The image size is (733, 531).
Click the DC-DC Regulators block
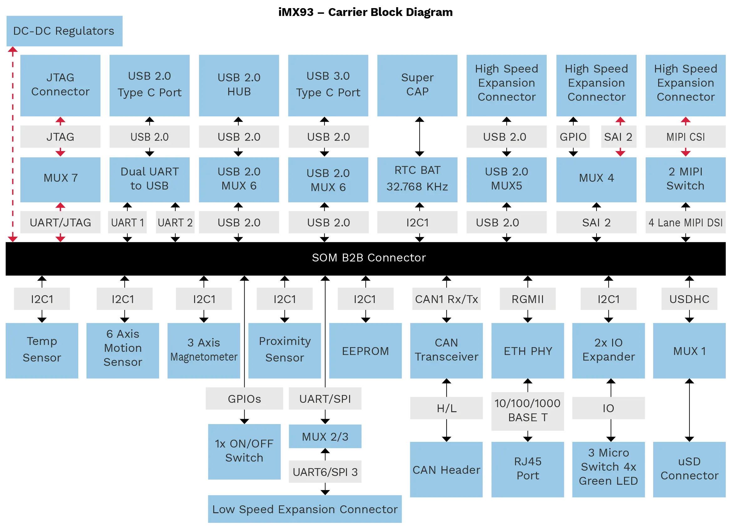pyautogui.click(x=64, y=31)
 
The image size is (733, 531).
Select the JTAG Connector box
pyautogui.click(x=60, y=86)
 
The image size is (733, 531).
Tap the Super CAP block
pyautogui.click(x=417, y=86)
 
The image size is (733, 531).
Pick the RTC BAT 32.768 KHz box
pyautogui.click(x=417, y=180)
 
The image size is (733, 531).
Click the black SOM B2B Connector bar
pyautogui.click(x=365, y=259)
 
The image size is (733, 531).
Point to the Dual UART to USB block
pyautogui.click(x=150, y=180)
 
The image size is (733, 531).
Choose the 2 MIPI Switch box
pyautogui.click(x=685, y=180)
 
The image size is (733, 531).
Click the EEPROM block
pyautogui.click(x=365, y=351)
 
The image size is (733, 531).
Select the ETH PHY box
pyautogui.click(x=528, y=351)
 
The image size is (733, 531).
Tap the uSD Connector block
pyautogui.click(x=689, y=470)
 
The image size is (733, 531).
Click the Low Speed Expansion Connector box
pyautogui.click(x=305, y=509)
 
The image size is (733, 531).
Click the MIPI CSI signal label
pyautogui.click(x=685, y=137)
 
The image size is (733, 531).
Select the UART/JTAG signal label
pyautogui.click(x=60, y=222)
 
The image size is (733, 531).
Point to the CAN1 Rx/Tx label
pyautogui.click(x=446, y=299)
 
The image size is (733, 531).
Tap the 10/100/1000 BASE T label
pyautogui.click(x=528, y=411)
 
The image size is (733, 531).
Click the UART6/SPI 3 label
pyautogui.click(x=325, y=472)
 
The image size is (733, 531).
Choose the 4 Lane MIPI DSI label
pyautogui.click(x=685, y=222)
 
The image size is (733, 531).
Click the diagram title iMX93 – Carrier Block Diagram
pyautogui.click(x=365, y=12)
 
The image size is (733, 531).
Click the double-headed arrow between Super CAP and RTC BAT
pyautogui.click(x=420, y=137)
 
